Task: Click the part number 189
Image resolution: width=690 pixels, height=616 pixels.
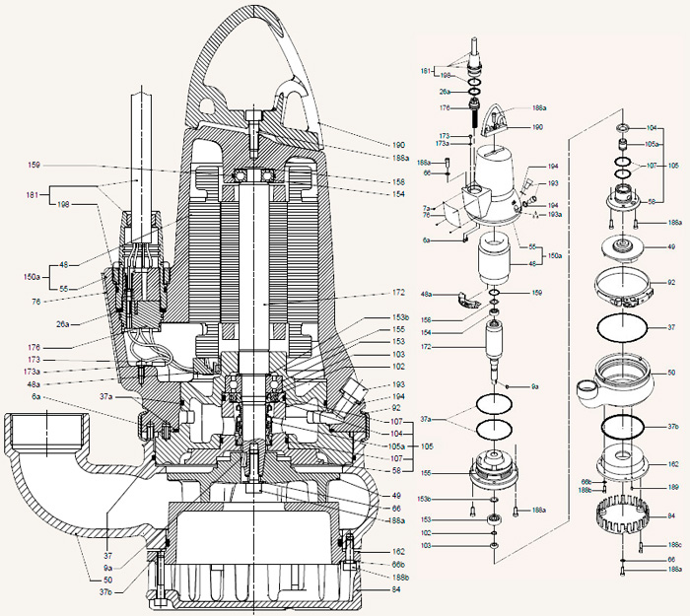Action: (x=672, y=486)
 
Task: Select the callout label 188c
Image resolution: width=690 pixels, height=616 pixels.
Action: (x=674, y=543)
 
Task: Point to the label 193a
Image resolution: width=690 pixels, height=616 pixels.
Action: (x=555, y=214)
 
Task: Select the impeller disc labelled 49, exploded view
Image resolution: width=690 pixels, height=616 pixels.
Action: (x=623, y=248)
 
